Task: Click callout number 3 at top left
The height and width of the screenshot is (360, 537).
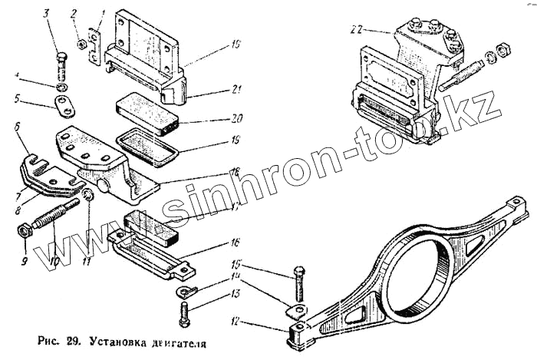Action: coord(46,14)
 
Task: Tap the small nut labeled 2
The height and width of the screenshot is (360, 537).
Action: coord(81,43)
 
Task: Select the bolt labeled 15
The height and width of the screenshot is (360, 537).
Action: coord(298,286)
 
